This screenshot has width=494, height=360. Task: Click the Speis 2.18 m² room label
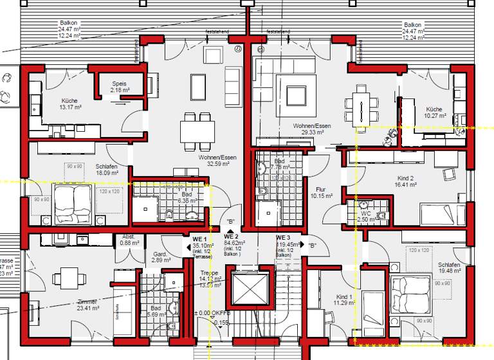pyautogui.click(x=119, y=87)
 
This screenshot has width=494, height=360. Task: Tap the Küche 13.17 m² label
pyautogui.click(x=70, y=104)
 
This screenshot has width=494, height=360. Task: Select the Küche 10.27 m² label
pyautogui.click(x=434, y=113)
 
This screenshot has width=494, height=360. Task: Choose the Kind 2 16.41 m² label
pyautogui.click(x=406, y=181)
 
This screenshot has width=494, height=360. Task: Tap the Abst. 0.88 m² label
pyautogui.click(x=129, y=239)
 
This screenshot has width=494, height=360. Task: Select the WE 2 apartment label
pyautogui.click(x=232, y=244)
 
